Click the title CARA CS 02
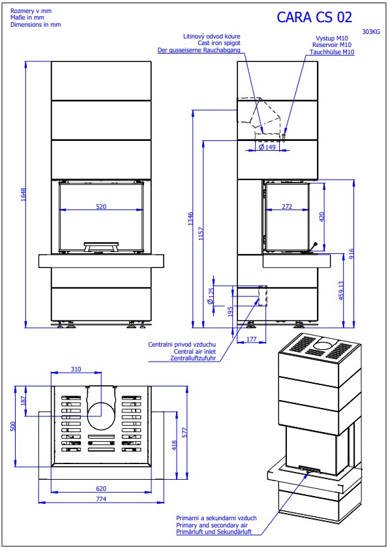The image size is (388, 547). [x=314, y=17]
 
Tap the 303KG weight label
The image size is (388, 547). [x=371, y=32]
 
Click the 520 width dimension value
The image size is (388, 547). [x=101, y=206]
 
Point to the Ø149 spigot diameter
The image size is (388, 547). [x=268, y=148]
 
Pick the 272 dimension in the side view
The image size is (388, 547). [x=287, y=206]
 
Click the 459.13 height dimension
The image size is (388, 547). [x=341, y=290]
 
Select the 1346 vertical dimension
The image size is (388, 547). [x=190, y=219]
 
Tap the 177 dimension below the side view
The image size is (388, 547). [x=251, y=339]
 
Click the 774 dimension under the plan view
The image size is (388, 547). [x=100, y=499]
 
